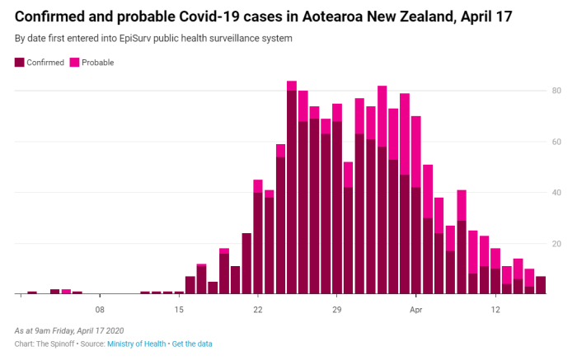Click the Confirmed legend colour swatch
point(20,63)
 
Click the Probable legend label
point(97,63)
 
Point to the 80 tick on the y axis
point(556,90)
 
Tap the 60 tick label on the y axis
point(556,141)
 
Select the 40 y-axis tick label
point(556,192)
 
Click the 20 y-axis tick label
point(556,243)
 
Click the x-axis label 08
point(100,310)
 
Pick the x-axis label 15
point(179,310)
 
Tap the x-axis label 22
point(258,310)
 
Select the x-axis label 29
point(337,310)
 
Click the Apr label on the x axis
point(416,310)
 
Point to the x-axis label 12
point(495,310)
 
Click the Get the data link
point(192,343)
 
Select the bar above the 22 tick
point(258,239)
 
